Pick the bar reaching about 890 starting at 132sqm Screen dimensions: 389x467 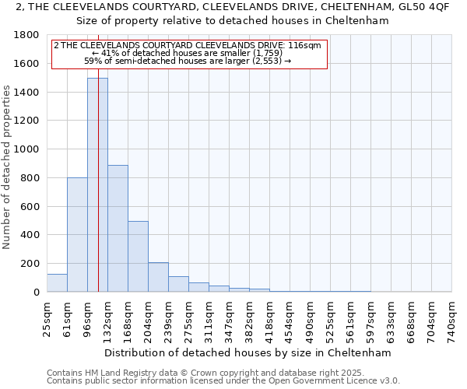118,229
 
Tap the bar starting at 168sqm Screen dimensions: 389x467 138,257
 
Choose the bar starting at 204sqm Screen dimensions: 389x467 158,277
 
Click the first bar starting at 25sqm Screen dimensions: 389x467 57,283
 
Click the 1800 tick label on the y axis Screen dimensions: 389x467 27,35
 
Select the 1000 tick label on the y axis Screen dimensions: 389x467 27,149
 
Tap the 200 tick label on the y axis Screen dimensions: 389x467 30,264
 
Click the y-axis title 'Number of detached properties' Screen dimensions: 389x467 7,167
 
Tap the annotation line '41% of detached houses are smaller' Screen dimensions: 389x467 188,53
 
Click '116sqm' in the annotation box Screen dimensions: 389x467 304,45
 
